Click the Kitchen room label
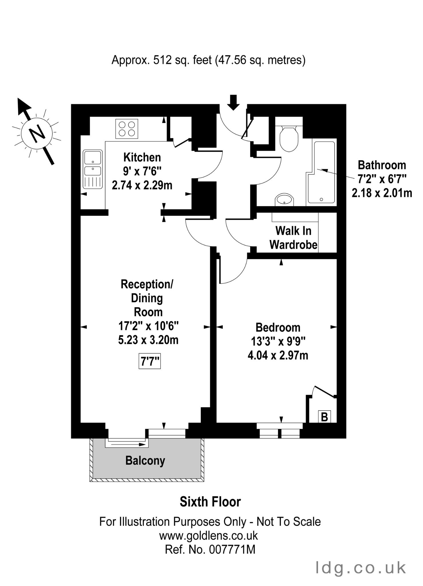142,157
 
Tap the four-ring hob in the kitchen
127,129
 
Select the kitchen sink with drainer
93,169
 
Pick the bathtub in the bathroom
321,172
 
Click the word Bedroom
278,327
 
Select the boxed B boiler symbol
324,417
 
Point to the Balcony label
145,461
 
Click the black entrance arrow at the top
234,102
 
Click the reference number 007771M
232,549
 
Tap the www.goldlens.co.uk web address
208,535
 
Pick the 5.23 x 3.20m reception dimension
148,340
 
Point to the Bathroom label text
382,165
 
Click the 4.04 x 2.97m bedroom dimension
278,355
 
